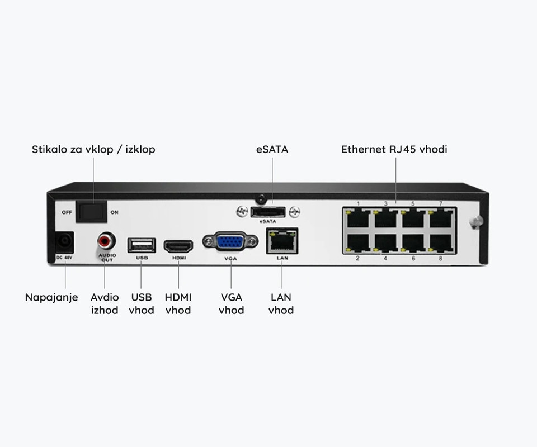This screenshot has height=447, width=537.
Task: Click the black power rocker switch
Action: (x=92, y=211)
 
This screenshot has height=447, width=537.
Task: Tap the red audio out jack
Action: (x=105, y=242)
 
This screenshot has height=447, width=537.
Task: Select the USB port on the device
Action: (x=141, y=244)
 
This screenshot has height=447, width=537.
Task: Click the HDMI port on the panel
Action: (x=178, y=245)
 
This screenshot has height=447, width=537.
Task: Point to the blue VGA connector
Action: (x=231, y=242)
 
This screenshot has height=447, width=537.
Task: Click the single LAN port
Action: (x=281, y=241)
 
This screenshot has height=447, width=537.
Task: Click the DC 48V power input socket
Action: (x=65, y=242)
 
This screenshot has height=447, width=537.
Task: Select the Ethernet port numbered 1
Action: (x=358, y=217)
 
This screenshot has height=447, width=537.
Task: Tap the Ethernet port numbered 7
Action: (x=440, y=217)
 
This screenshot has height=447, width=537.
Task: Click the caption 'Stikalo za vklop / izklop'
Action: (x=93, y=149)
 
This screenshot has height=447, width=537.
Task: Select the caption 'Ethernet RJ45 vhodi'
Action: (x=394, y=149)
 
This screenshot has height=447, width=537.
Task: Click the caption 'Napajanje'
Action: (x=51, y=297)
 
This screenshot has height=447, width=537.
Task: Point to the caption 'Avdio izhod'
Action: (x=105, y=303)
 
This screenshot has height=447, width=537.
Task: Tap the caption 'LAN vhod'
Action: (x=281, y=303)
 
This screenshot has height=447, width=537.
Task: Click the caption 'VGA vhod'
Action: (x=231, y=303)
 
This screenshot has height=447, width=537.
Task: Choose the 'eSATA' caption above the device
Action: (x=272, y=149)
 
